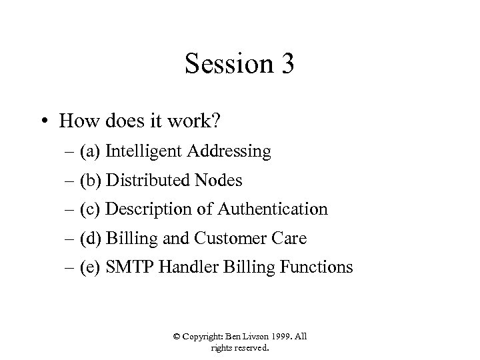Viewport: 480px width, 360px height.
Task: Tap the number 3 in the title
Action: pyautogui.click(x=285, y=65)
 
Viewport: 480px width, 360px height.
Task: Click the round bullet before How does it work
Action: pyautogui.click(x=45, y=122)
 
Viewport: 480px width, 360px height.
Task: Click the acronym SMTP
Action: pyautogui.click(x=127, y=267)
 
